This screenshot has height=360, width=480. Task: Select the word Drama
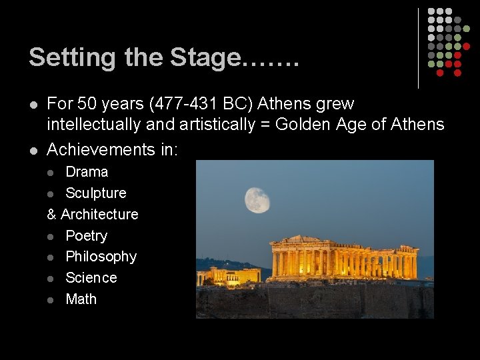click(87, 172)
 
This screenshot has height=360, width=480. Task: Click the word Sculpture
click(96, 193)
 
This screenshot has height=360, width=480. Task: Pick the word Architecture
click(100, 215)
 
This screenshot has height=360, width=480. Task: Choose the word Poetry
click(86, 236)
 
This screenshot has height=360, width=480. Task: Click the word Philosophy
click(101, 257)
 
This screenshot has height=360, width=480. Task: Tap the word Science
click(91, 278)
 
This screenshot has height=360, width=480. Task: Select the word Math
click(81, 299)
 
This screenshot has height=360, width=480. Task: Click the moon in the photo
click(257, 200)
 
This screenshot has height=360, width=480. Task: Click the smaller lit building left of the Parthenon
click(229, 275)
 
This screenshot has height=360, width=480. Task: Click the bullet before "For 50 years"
click(33, 105)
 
